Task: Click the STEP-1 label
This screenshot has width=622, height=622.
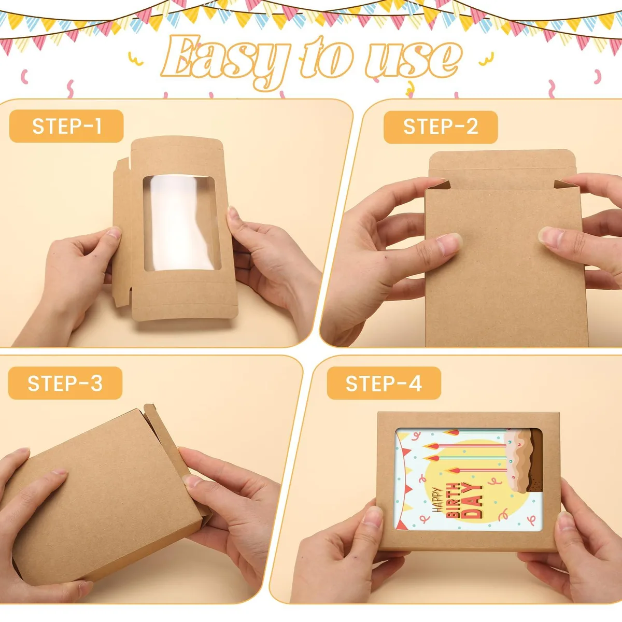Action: (66, 126)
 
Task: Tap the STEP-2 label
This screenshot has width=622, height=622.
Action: (441, 127)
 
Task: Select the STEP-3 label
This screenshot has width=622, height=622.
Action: (65, 383)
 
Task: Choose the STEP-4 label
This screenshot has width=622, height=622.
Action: (384, 383)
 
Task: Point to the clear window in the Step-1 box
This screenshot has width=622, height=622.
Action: (182, 223)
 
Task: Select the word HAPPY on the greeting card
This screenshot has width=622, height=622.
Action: (437, 500)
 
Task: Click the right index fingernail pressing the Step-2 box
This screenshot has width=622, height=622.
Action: (551, 236)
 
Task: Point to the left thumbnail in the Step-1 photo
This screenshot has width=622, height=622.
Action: (114, 232)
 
